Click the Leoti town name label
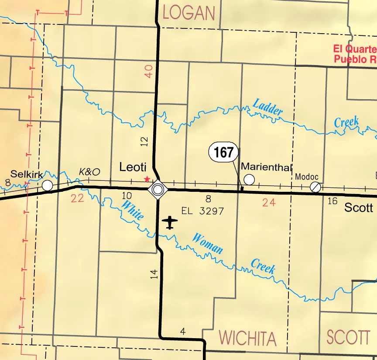point(133,167)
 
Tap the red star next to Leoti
point(147,179)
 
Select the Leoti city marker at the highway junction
point(158,189)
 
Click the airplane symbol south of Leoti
point(170,222)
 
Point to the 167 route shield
point(224,153)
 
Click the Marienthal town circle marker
point(249,179)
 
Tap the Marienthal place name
point(266,166)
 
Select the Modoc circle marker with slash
point(315,187)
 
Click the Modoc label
point(307,177)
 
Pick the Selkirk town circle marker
point(48,186)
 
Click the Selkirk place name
point(27,174)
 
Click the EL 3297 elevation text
point(202,211)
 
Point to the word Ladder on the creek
point(267,107)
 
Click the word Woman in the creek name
point(208,244)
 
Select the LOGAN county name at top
point(189,13)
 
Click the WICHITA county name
point(247,338)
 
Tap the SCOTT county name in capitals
point(348,337)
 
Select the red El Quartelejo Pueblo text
point(354,55)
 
